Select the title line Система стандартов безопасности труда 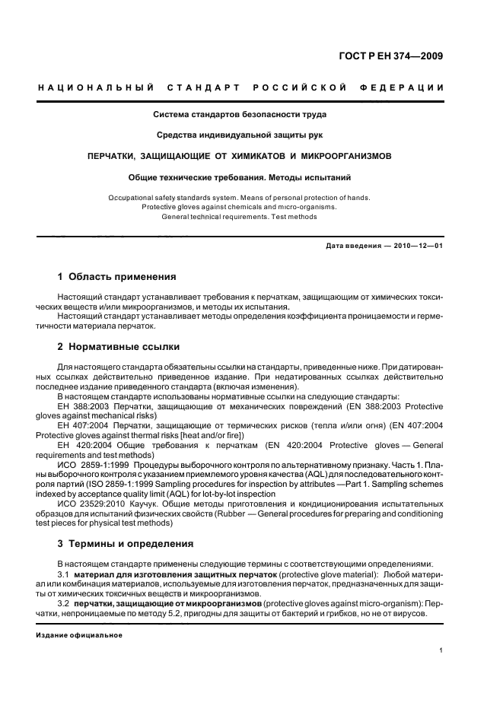coord(240,115)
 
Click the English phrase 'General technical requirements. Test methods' coord(240,216)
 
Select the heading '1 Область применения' coord(117,277)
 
